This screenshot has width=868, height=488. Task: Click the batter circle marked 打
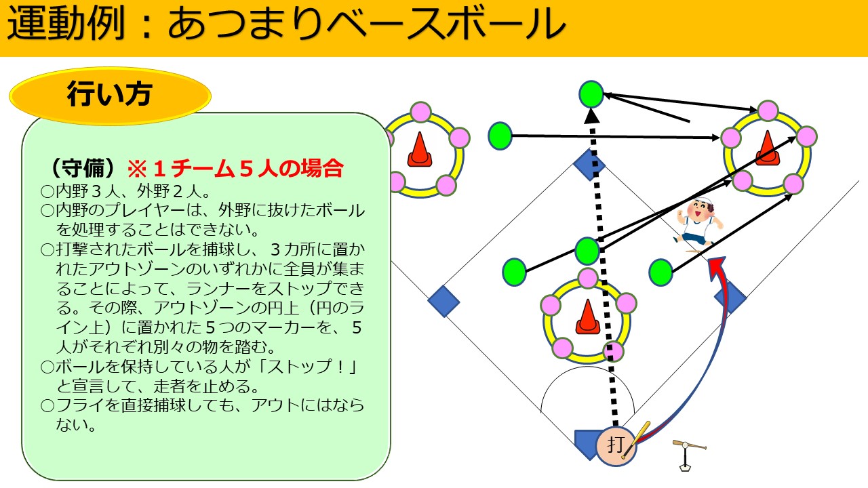616,446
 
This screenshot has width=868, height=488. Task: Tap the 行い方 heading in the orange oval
109,94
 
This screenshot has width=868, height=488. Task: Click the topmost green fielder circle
591,94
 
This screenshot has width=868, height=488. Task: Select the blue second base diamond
589,165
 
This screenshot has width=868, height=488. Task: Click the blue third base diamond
443,302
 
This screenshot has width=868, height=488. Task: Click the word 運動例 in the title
66,24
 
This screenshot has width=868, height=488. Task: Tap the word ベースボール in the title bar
445,24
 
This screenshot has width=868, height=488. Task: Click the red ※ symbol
137,169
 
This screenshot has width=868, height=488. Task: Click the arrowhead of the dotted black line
592,115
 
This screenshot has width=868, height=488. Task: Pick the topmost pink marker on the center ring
587,278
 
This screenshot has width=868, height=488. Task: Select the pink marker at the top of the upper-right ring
768,110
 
